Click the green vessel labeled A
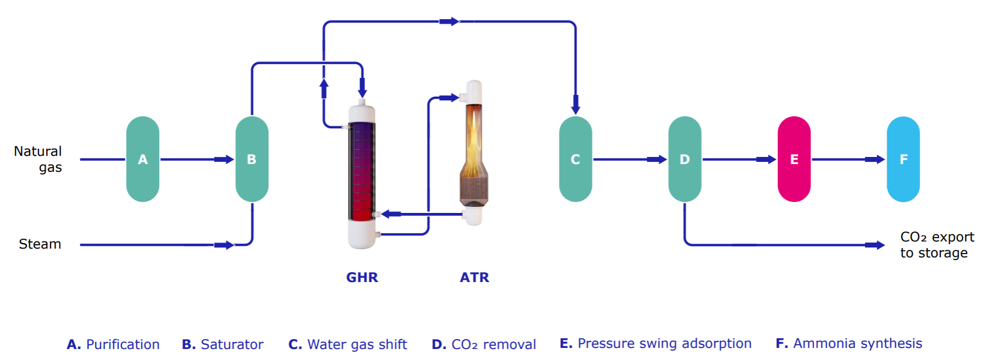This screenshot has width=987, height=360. (x=143, y=159)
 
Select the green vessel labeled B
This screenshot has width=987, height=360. (x=252, y=159)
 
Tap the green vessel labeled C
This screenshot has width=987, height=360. (x=575, y=159)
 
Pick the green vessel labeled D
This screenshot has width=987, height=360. (x=685, y=159)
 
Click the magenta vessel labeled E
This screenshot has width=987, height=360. (x=794, y=159)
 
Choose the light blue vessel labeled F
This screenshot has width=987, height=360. (x=903, y=159)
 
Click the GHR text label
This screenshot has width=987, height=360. (x=362, y=277)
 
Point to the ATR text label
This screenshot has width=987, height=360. (x=474, y=277)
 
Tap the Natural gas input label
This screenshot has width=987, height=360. (x=38, y=159)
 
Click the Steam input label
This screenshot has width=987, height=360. (x=40, y=244)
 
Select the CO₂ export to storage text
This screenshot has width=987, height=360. (x=936, y=245)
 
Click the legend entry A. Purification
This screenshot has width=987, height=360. (x=113, y=344)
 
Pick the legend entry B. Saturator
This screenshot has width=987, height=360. (x=222, y=344)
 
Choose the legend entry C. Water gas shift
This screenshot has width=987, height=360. (x=347, y=344)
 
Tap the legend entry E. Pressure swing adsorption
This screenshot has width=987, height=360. (x=655, y=344)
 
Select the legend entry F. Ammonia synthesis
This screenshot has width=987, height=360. (x=849, y=344)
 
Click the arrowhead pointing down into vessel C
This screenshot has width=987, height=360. (x=575, y=105)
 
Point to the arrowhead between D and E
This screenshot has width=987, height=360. (x=766, y=159)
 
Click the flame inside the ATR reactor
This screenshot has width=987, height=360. (x=473, y=137)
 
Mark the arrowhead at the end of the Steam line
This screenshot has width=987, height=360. (x=225, y=245)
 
